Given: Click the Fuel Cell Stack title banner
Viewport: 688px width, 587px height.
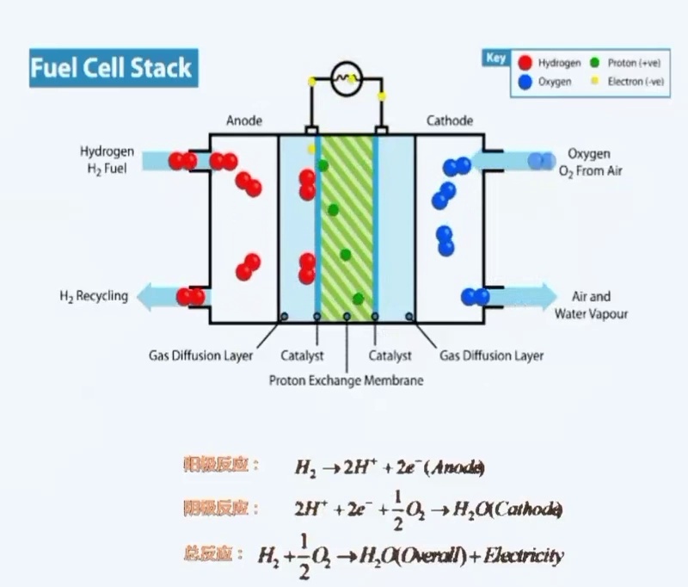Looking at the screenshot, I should click(x=112, y=68).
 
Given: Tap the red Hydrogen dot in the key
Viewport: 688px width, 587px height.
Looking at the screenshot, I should click(x=524, y=62).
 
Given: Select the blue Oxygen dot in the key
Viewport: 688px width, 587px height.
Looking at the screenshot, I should click(x=524, y=83).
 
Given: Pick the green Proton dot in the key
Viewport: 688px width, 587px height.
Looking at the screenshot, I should click(x=595, y=62).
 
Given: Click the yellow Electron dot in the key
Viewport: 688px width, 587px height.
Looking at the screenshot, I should click(x=595, y=82).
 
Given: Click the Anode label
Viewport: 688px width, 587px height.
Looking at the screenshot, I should click(x=243, y=120).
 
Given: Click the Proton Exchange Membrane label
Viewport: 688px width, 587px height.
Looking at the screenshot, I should click(x=347, y=380).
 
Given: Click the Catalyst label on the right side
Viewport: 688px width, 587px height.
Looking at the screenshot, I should click(x=390, y=355).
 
